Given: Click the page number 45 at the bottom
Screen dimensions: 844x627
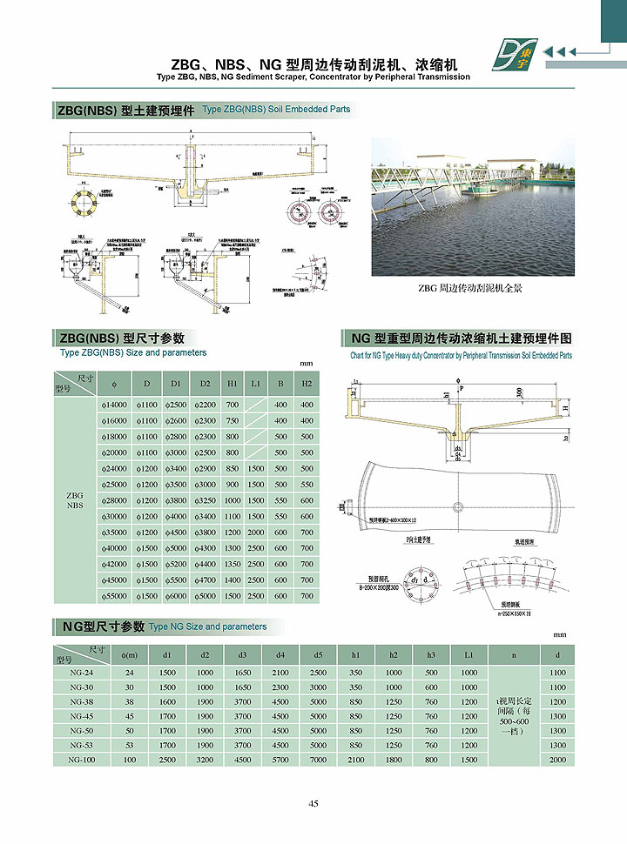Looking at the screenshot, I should pos(313,803).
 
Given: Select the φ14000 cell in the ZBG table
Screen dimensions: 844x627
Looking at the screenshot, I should pos(115,405).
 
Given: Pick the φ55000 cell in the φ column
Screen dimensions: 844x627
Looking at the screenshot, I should pos(115,596).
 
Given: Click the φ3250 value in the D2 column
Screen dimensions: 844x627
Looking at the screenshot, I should pos(205,500).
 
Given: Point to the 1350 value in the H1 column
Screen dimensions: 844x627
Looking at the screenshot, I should pos(233,564).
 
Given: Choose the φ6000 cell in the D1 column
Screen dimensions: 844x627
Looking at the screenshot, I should pos(177,596).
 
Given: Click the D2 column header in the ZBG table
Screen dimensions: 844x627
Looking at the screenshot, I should pos(205,384).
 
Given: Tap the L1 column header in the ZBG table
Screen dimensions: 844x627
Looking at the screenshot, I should pos(255,384).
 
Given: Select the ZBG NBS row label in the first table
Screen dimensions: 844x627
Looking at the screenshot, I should pos(75,500).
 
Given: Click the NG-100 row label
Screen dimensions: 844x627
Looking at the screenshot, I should pos(80,760).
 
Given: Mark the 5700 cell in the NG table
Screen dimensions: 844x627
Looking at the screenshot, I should pos(280,760).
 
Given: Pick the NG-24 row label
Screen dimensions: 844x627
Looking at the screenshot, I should pos(80,673).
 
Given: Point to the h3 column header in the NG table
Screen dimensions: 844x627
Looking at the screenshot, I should pos(431,654).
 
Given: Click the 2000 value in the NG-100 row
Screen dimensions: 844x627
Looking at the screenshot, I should pos(558,760).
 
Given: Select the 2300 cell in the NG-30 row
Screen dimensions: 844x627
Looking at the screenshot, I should pos(280,687).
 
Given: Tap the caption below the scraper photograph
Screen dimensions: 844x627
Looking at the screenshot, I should pos(469,288).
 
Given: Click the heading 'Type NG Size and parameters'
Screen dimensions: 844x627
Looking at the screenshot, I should pos(207,626).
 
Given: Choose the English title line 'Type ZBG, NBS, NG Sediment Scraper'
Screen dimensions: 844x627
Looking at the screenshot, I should pos(313,77).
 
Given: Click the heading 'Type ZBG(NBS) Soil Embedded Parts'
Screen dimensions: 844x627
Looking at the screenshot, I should pos(276,110).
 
